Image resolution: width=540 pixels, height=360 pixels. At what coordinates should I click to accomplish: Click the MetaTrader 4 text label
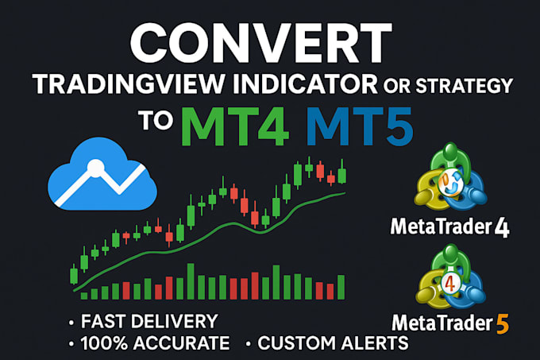(450, 228)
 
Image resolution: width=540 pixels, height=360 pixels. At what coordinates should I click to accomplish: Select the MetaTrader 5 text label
(450, 323)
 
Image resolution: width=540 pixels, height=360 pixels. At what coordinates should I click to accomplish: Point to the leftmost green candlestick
(74, 276)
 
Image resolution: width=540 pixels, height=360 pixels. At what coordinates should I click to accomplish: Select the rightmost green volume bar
(341, 286)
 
